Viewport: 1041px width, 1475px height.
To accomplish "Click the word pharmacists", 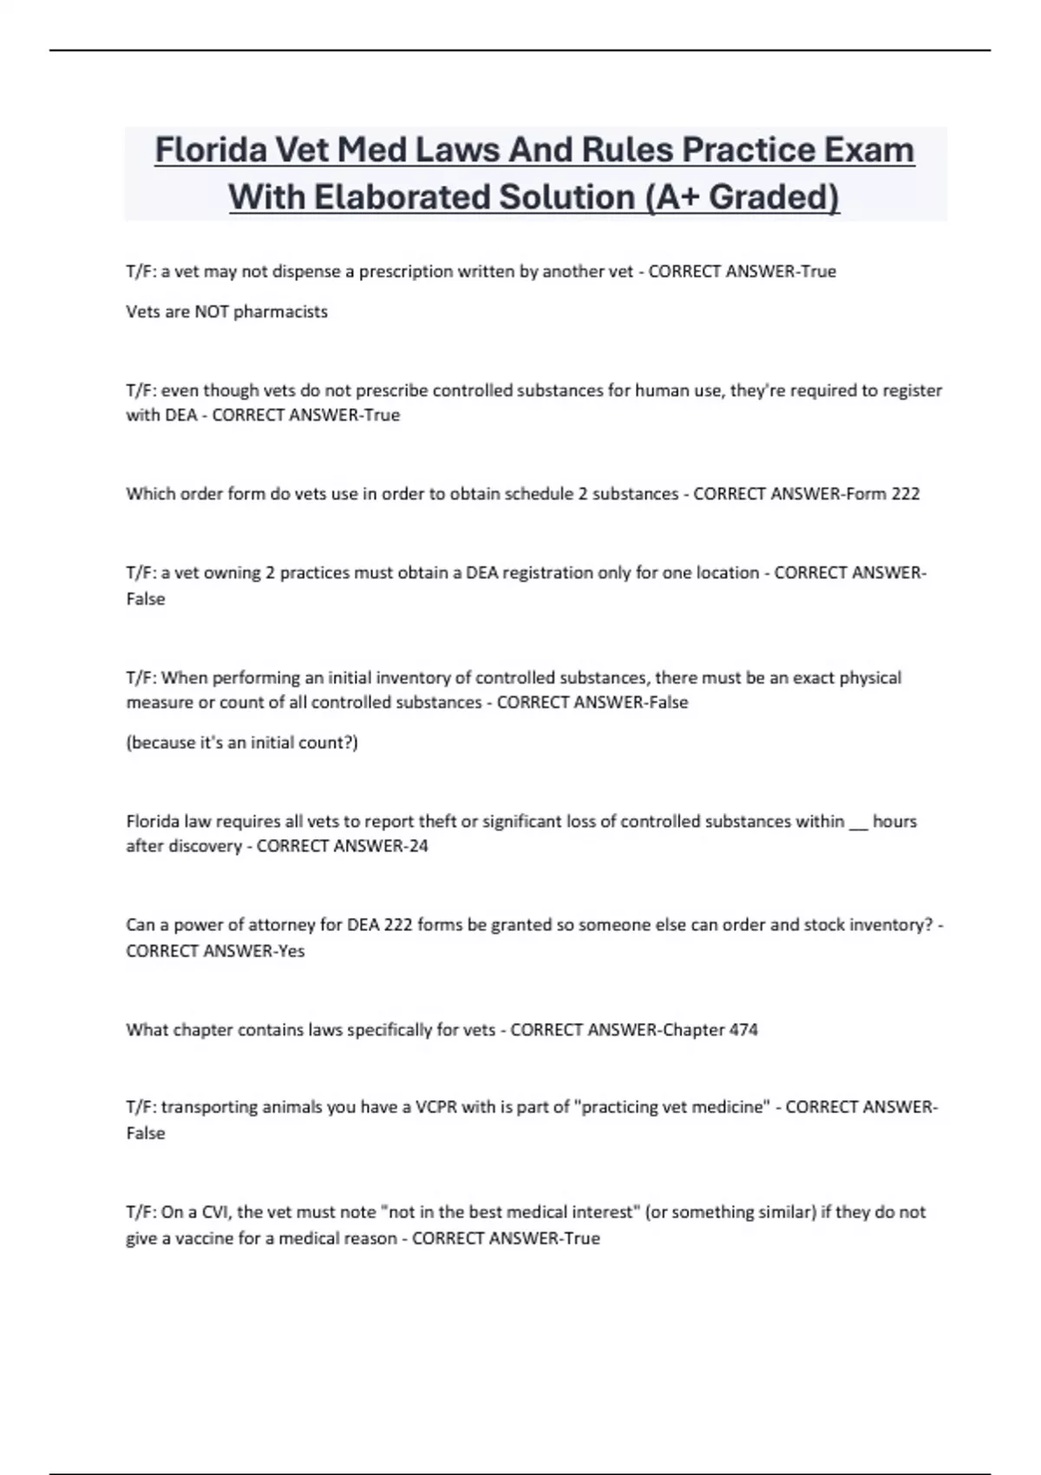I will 280,311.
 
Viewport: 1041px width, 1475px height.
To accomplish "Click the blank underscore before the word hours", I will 857,823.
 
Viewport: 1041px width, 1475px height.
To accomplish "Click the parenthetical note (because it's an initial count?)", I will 242,743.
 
